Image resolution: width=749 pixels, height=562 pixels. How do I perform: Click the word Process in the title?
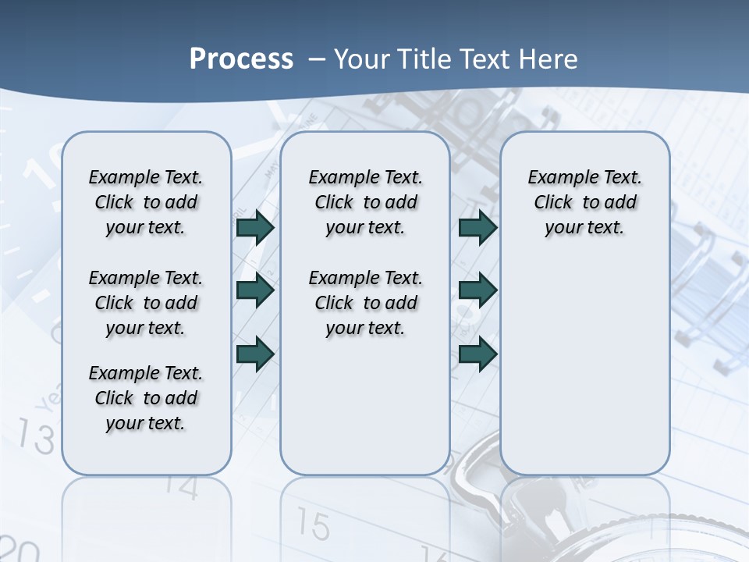tap(241, 59)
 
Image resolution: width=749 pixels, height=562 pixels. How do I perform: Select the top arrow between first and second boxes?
tap(255, 227)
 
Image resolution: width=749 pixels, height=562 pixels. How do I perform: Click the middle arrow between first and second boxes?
tap(255, 290)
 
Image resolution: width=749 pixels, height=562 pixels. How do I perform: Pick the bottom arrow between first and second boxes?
tap(255, 353)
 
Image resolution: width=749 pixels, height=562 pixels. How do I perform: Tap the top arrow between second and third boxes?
tap(477, 227)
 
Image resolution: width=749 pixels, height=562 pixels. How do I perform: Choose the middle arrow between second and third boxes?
tap(477, 290)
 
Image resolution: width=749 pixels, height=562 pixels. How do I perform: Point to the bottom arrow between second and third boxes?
tap(477, 353)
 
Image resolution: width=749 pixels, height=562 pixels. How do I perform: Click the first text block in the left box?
tap(146, 202)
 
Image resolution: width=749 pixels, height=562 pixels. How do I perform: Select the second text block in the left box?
tap(146, 303)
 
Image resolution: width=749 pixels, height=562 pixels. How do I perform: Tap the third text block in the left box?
tap(146, 398)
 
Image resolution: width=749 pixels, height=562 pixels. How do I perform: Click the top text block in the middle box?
tap(365, 202)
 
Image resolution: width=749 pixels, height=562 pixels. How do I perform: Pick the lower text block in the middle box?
tap(365, 303)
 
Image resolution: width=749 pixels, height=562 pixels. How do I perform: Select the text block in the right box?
tap(584, 202)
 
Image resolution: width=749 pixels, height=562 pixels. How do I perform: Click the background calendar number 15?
tap(313, 525)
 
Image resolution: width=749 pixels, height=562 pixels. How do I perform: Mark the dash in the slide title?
tap(317, 59)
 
